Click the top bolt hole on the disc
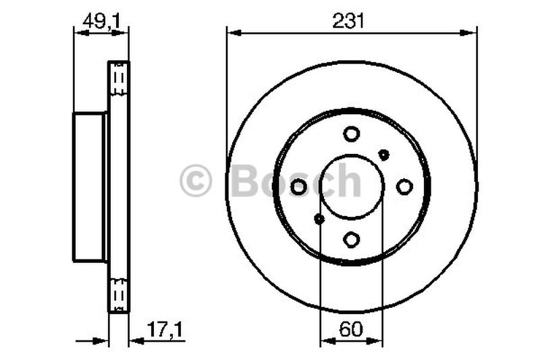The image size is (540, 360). (x=351, y=134)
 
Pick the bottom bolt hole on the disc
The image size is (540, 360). (x=351, y=239)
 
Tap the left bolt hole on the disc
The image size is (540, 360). (x=298, y=186)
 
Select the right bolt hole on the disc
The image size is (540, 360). (x=404, y=186)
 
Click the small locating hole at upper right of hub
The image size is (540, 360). (x=383, y=155)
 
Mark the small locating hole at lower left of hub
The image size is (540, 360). (x=319, y=218)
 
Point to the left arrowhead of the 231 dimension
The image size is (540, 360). (x=231, y=32)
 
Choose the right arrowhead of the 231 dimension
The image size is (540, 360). (x=472, y=32)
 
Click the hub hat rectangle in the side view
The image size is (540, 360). (x=88, y=187)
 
